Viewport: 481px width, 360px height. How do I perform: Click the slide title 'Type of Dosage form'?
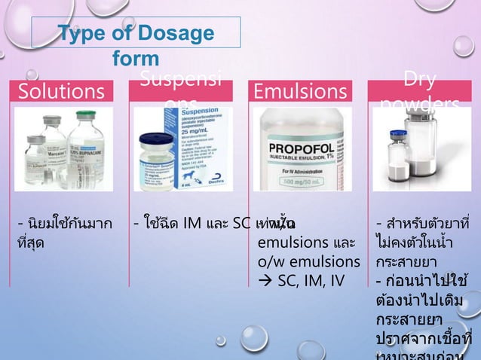[x=136, y=45]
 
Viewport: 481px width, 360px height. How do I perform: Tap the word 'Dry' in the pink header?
[x=420, y=80]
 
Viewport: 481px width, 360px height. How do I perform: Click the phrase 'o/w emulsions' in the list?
[x=309, y=261]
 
